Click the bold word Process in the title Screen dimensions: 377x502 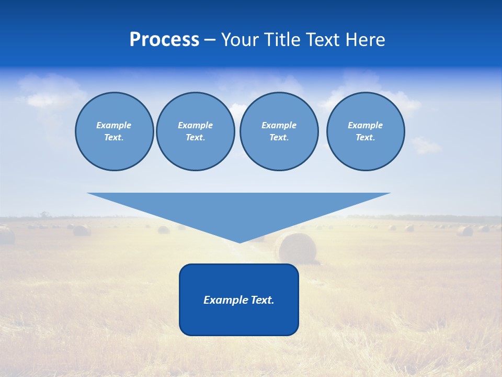click(x=164, y=39)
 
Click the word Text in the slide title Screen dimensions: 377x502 click(x=323, y=40)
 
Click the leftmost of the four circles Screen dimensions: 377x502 click(x=114, y=131)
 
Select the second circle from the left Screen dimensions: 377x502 click(x=195, y=131)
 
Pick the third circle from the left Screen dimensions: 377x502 click(x=279, y=131)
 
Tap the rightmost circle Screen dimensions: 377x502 click(x=365, y=131)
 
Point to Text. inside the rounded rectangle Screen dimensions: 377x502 click(x=262, y=300)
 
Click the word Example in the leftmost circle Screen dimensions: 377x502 click(x=114, y=125)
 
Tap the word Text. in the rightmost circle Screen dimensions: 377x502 click(x=365, y=138)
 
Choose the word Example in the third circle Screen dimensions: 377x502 click(x=279, y=125)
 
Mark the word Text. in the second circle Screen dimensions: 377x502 click(x=195, y=138)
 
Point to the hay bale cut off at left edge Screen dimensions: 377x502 click(x=6, y=235)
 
